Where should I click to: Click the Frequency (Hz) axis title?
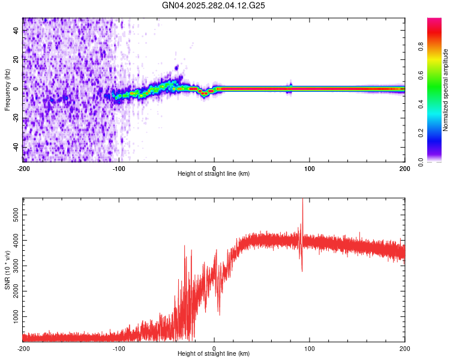pos(7,90)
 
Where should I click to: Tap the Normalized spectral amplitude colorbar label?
pos(445,90)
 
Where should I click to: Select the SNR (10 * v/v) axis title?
pos(7,270)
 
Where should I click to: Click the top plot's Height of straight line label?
pos(214,173)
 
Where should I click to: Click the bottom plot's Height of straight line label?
pos(214,353)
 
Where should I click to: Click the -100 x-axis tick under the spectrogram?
pos(119,167)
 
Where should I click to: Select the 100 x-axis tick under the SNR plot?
pos(310,347)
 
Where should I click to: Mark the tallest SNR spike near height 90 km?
pos(302,200)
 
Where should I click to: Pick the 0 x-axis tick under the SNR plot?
pos(214,347)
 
